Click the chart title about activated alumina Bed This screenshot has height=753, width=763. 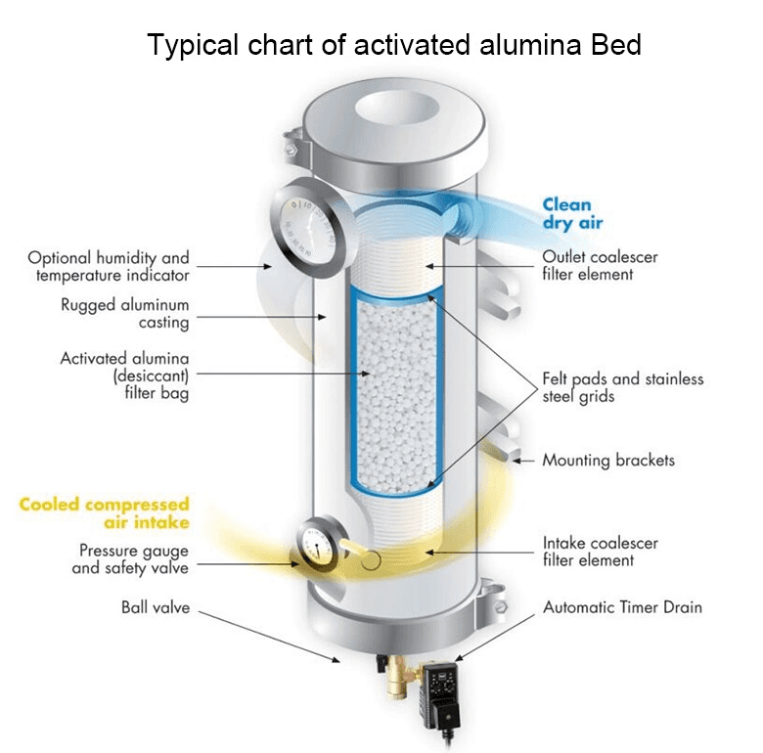pos(393,45)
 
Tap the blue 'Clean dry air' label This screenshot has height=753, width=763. pos(566,213)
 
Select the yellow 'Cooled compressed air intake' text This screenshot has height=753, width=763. pos(104,513)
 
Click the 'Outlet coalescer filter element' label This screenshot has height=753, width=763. pos(600,265)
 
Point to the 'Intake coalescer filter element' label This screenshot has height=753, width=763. pos(600,551)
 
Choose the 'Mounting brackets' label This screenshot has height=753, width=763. pos(607,460)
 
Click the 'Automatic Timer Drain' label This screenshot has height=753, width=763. pos(622,607)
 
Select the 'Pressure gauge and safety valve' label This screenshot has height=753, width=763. pos(133,558)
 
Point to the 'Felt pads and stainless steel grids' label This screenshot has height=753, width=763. pos(622,387)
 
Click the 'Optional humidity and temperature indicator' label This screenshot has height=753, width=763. pos(108,267)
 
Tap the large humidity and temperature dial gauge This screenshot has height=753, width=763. pos(305,234)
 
